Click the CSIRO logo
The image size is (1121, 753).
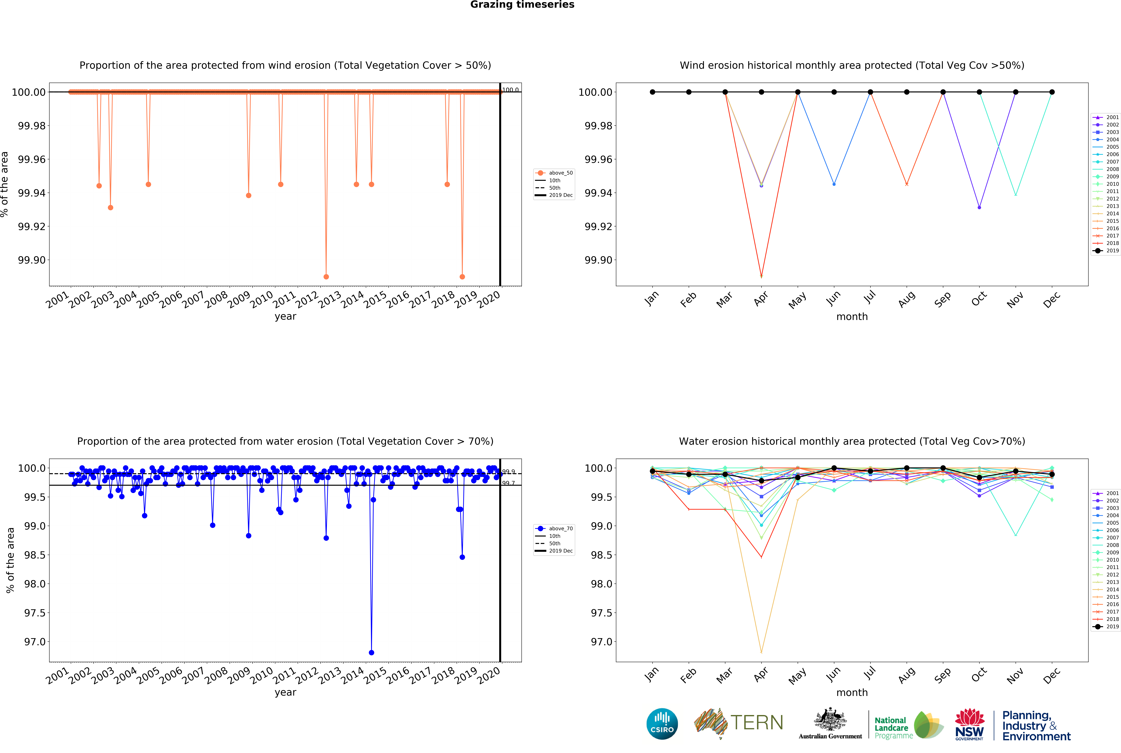coord(662,724)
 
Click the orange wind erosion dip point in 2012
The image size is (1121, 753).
coord(326,277)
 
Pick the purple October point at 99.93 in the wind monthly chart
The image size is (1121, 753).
coord(979,207)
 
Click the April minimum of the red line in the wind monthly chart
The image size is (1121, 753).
coord(761,277)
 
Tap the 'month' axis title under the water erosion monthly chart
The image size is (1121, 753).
coord(852,693)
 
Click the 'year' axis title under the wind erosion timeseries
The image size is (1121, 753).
coord(285,316)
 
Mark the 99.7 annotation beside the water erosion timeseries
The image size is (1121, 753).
coord(508,483)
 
